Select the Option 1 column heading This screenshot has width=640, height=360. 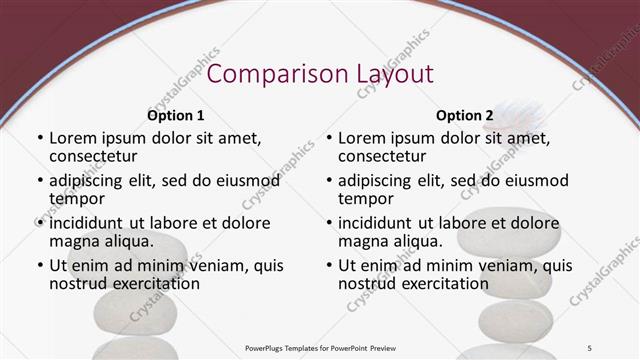point(176,116)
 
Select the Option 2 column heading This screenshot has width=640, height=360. point(465,116)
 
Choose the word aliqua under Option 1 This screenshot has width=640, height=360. point(127,241)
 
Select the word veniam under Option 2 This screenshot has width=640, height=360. point(503,266)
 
